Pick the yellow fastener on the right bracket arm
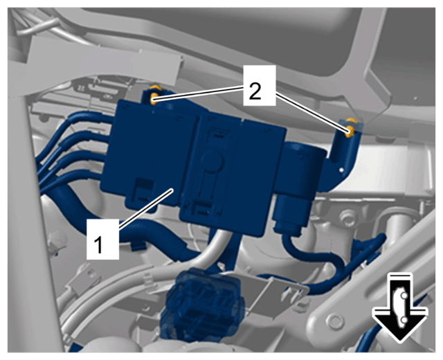point(350,131)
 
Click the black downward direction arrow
point(400,307)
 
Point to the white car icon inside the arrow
point(401,306)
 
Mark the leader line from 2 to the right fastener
point(312,113)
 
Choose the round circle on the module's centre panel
point(213,162)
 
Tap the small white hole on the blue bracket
point(342,170)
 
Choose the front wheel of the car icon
point(404,320)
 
